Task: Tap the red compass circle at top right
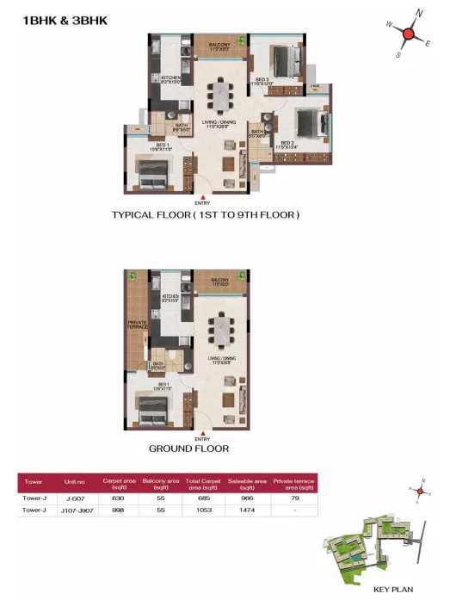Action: [x=410, y=34]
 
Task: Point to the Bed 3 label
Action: [x=262, y=80]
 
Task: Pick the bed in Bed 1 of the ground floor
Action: [x=151, y=411]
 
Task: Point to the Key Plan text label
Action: [x=390, y=589]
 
